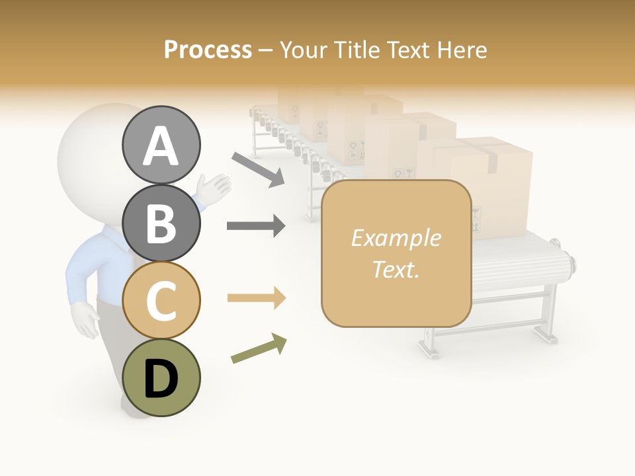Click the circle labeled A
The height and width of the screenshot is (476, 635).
[161, 145]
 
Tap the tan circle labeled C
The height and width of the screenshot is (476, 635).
[161, 299]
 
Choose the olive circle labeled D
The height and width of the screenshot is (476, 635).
[161, 377]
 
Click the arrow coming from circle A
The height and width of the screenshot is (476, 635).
[258, 169]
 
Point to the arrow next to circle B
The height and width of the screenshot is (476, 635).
[256, 226]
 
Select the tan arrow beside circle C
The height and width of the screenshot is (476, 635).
[256, 298]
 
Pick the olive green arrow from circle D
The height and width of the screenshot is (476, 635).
[259, 348]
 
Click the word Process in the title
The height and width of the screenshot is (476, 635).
[208, 50]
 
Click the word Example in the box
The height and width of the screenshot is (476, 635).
[396, 238]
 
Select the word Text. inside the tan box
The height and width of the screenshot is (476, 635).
[396, 269]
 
